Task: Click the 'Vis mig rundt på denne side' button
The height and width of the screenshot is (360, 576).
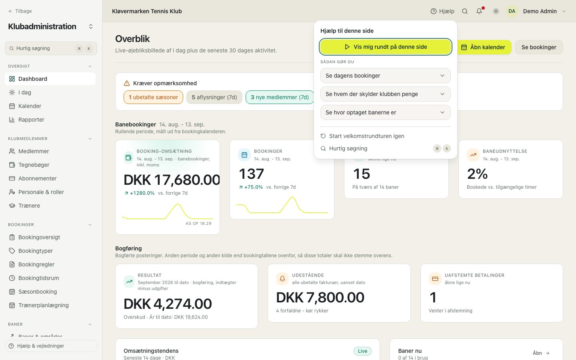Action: coord(386,47)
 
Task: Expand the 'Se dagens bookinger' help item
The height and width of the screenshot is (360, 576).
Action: coord(386,76)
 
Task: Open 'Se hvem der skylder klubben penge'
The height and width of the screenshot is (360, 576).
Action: coord(386,94)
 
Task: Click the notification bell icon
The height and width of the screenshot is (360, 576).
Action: coord(479,11)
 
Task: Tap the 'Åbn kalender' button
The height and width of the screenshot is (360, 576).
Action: coord(483,47)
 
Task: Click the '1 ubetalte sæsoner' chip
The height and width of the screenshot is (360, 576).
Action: coord(153,97)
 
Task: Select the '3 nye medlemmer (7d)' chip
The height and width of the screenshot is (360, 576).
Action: coord(280,97)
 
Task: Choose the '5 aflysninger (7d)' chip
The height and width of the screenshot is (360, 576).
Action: coord(214,97)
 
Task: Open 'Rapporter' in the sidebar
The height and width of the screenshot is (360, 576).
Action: coord(31,120)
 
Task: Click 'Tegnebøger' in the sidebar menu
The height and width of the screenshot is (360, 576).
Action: coord(34,165)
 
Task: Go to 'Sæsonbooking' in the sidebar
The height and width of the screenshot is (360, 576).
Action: coord(38,292)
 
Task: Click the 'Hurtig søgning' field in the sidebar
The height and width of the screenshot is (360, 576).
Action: coord(51,48)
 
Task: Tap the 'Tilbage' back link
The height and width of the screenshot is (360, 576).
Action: coord(20,11)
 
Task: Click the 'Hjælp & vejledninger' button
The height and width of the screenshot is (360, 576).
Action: coord(51,346)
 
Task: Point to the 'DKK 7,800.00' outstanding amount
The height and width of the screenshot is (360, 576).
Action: coord(320,298)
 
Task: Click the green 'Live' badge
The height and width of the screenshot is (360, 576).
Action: coord(362,351)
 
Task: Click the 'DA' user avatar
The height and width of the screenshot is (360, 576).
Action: coord(512,11)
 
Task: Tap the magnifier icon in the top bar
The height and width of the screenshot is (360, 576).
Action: coord(465,11)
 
